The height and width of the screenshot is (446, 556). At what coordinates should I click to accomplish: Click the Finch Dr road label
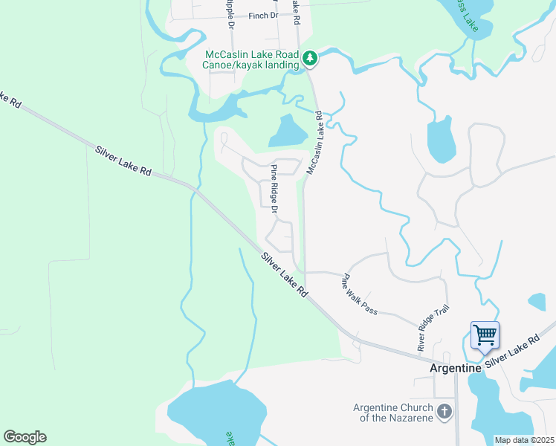[263, 15]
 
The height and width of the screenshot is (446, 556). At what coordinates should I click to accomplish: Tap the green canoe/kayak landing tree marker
[310, 58]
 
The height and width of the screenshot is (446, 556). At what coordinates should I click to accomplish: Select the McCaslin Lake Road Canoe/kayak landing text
[252, 59]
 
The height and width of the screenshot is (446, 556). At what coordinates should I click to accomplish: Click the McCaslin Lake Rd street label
[314, 143]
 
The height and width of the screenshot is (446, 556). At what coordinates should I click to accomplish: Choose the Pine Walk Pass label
[359, 294]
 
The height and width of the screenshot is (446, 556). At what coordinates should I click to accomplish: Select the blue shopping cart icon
[485, 334]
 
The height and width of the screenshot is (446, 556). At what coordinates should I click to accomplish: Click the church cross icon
[444, 411]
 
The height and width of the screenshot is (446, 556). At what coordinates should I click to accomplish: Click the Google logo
[25, 437]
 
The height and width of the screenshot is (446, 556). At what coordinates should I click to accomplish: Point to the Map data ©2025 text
[525, 440]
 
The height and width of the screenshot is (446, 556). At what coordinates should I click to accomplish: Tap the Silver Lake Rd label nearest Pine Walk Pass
[284, 275]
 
